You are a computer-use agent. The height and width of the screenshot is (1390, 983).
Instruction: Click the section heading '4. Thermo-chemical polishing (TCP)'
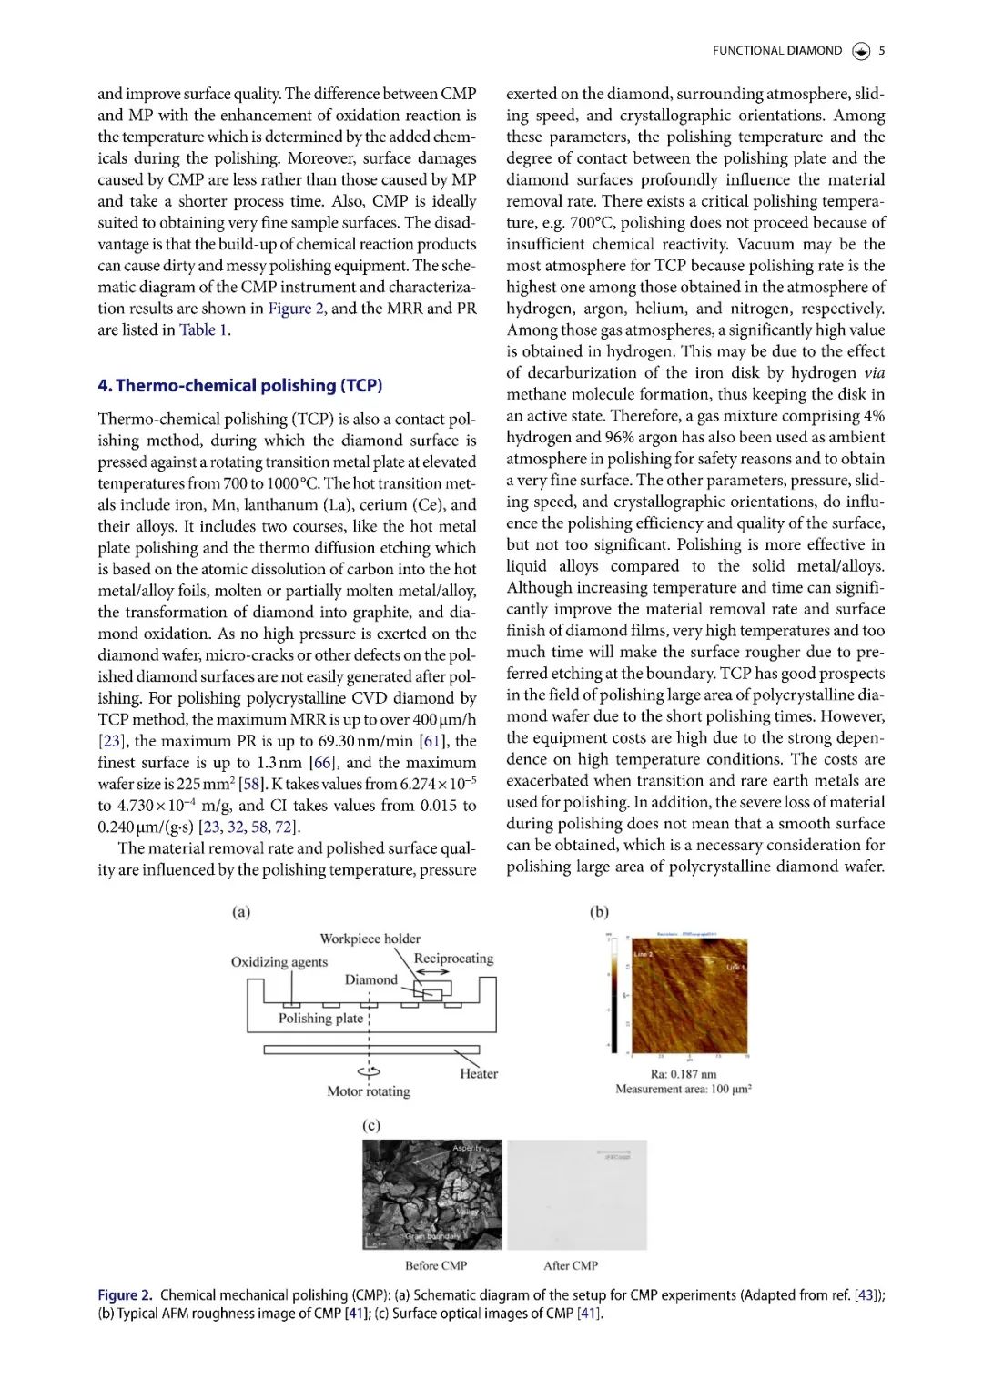tap(239, 386)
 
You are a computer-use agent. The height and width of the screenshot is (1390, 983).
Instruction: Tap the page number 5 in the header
tap(881, 51)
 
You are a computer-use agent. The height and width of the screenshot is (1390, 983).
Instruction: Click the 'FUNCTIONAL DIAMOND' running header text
tap(777, 51)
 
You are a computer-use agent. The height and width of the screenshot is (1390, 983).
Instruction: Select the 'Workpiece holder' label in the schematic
tap(370, 939)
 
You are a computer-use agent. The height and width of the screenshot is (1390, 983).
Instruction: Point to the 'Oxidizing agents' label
tap(279, 962)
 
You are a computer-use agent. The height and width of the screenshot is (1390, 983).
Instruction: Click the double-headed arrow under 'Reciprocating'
tap(431, 973)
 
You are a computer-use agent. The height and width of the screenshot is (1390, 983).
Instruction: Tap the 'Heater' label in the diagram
tap(479, 1074)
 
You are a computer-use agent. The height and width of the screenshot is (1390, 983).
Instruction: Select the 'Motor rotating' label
tap(369, 1091)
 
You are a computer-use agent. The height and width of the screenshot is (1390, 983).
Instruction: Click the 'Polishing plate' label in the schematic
tap(320, 1019)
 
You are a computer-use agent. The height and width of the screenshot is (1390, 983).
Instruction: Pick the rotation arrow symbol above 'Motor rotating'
tap(369, 1072)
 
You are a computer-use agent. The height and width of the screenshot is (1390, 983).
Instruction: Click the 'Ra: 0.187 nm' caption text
tap(684, 1074)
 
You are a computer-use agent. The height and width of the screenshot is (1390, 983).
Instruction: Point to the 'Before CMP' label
tap(436, 1266)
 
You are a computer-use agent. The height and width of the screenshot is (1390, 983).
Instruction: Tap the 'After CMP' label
tap(571, 1266)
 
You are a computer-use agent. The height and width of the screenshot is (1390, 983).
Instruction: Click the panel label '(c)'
tap(371, 1126)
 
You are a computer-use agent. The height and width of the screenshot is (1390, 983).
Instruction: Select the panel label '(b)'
tap(599, 912)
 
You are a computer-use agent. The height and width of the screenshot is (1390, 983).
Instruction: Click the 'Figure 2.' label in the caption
tap(125, 1295)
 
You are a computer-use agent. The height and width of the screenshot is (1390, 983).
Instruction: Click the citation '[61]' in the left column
tap(432, 742)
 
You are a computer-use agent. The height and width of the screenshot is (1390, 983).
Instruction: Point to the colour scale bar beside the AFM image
tap(613, 994)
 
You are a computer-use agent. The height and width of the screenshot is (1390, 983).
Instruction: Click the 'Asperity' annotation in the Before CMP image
tap(467, 1149)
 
